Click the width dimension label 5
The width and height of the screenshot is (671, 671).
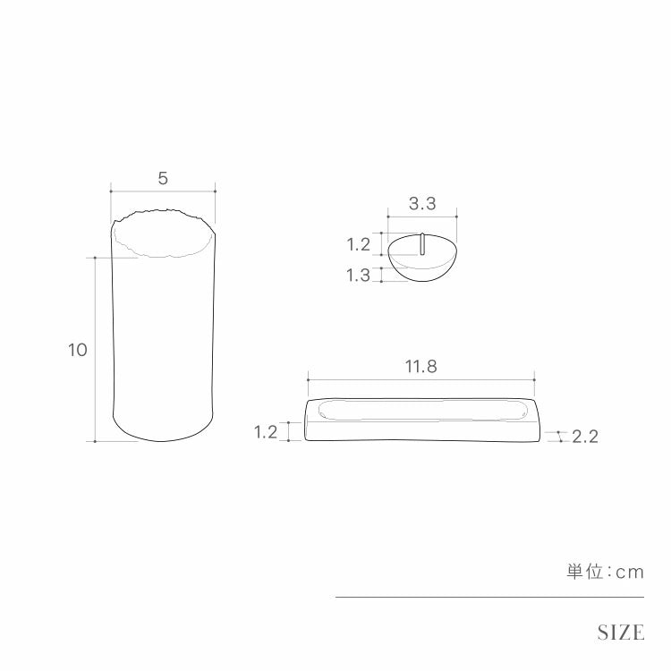pos(163,178)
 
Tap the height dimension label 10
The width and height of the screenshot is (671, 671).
pos(78,350)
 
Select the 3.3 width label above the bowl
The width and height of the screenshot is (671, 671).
pos(422,204)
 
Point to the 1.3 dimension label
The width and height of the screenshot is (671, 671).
pos(358,276)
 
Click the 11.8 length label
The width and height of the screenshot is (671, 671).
pos(421,367)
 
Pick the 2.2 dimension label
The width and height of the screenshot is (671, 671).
pos(585,437)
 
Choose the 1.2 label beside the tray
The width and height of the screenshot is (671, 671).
pos(266,432)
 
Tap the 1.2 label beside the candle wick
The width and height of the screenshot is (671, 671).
pos(358,245)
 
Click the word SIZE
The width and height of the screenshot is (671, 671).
pos(621,633)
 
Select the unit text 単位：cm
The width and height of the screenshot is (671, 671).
pos(606,573)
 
